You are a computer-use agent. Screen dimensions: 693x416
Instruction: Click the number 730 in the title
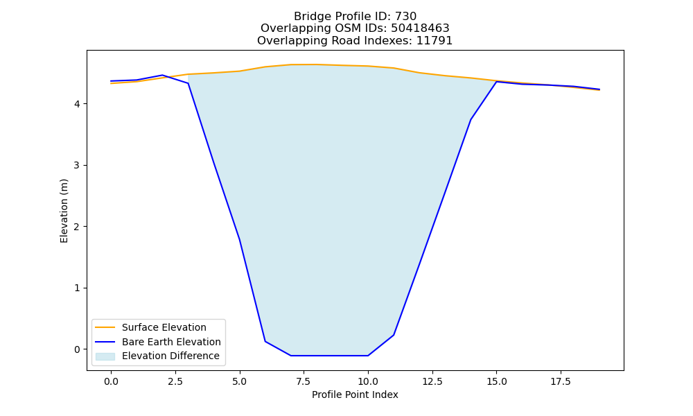tap(405, 17)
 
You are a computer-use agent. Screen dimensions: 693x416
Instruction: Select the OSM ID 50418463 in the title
tap(420, 28)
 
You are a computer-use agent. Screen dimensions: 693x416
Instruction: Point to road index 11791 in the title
tap(435, 41)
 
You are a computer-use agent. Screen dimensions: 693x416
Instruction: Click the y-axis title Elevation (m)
tap(64, 211)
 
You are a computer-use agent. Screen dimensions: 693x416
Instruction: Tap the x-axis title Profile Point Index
tap(355, 395)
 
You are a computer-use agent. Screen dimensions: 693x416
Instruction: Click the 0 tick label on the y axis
tap(78, 349)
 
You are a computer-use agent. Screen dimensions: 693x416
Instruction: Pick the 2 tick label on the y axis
tap(78, 227)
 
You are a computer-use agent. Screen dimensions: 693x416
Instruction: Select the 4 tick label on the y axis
tap(78, 104)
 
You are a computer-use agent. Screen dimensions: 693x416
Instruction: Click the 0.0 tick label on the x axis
tap(111, 381)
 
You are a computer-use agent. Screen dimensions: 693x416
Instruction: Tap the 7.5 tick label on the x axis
tap(304, 381)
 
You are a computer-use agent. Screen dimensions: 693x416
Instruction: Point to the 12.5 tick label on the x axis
tap(432, 381)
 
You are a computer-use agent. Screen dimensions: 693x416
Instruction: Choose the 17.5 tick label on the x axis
tap(561, 381)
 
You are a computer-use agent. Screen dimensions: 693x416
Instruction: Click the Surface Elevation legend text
tap(164, 327)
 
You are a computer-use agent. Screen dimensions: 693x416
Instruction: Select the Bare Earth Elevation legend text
tap(171, 342)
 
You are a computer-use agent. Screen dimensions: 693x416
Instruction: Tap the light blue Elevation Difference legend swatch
tap(105, 356)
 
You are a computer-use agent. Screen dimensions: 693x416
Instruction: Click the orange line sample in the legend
tap(105, 327)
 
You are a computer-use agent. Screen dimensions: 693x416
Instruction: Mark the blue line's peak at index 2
tap(162, 75)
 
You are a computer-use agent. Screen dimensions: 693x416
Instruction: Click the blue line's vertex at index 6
tap(265, 341)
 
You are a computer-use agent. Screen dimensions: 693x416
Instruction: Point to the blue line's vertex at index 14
tap(471, 120)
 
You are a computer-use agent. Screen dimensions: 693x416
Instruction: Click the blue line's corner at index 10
tap(368, 356)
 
